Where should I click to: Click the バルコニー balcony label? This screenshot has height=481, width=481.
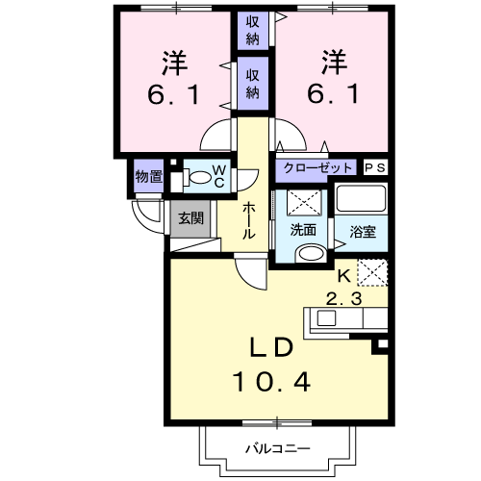pyautogui.click(x=276, y=447)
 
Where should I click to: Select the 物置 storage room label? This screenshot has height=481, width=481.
pyautogui.click(x=148, y=177)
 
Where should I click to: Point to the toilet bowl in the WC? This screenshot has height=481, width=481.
pyautogui.click(x=200, y=177)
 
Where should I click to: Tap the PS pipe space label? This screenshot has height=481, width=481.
pyautogui.click(x=375, y=167)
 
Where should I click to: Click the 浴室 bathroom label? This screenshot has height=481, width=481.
pyautogui.click(x=362, y=231)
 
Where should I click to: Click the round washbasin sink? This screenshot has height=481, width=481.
pyautogui.click(x=309, y=253)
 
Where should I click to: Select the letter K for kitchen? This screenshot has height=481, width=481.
pyautogui.click(x=343, y=274)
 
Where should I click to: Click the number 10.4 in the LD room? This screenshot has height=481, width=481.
pyautogui.click(x=271, y=382)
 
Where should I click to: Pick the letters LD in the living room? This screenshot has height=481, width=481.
pyautogui.click(x=271, y=345)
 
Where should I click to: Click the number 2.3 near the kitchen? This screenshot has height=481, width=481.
pyautogui.click(x=343, y=299)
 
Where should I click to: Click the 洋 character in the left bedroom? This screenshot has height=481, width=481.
pyautogui.click(x=174, y=63)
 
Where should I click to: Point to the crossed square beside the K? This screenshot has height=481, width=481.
pyautogui.click(x=371, y=273)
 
